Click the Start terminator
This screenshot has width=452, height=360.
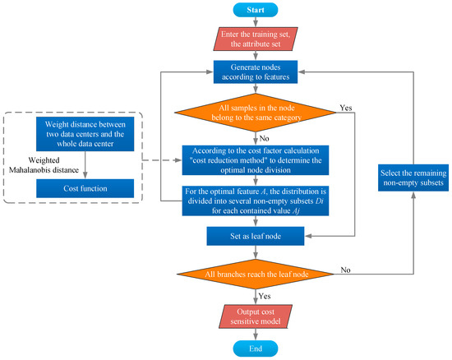tap(256, 10)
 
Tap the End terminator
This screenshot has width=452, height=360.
tap(256, 348)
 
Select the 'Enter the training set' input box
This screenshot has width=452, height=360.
tap(256, 39)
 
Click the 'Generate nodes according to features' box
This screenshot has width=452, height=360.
tap(256, 72)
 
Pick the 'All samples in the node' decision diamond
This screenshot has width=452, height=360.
tap(256, 113)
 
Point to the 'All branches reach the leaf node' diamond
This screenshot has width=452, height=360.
tap(256, 274)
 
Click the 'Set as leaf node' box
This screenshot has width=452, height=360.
tap(256, 236)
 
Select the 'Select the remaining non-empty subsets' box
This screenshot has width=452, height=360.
tap(413, 178)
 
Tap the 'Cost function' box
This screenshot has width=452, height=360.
tap(85, 188)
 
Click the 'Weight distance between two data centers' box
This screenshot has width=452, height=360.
tap(85, 134)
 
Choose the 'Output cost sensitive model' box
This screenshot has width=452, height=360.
tap(256, 316)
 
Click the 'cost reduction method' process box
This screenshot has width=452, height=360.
tap(256, 160)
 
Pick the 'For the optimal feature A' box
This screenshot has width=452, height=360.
tap(256, 201)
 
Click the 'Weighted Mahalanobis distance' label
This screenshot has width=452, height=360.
tap(44, 165)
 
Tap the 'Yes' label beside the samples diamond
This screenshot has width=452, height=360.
tap(346, 108)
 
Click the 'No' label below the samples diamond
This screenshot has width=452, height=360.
tap(264, 138)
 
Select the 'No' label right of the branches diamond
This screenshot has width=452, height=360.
tap(345, 270)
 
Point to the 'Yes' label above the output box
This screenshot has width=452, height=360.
tap(265, 296)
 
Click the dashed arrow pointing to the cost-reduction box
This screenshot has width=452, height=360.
tap(162, 160)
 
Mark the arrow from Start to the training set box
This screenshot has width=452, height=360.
tap(256, 22)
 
